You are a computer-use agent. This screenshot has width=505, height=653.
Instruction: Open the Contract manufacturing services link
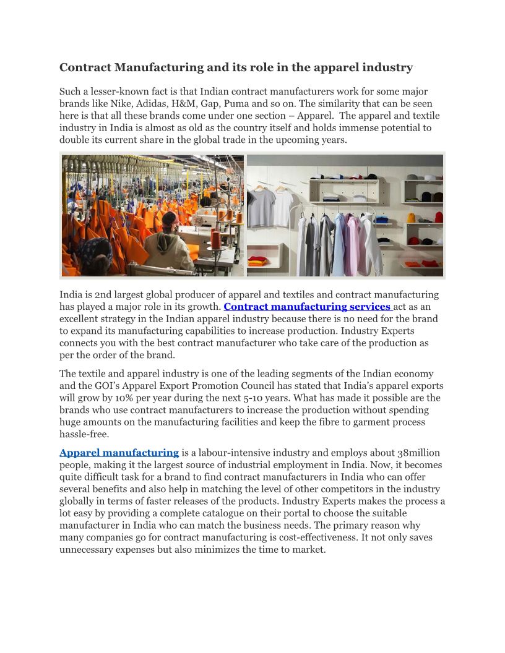308,307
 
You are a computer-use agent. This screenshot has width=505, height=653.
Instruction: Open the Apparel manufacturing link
119,453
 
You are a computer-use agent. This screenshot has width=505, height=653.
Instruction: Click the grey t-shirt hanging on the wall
261,207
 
